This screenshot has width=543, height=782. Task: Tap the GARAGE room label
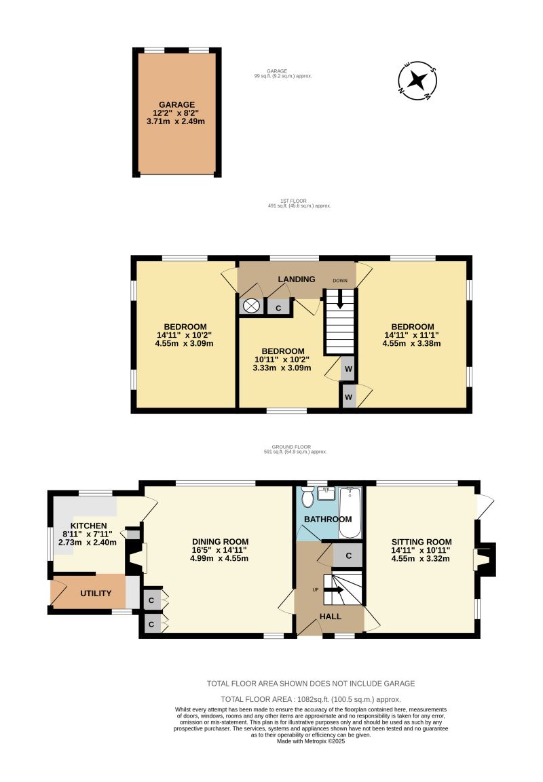coord(176,104)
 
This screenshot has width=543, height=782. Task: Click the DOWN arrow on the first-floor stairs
coord(339,299)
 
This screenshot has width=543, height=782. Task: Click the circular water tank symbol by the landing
coord(252,307)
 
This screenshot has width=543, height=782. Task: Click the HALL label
coord(331,616)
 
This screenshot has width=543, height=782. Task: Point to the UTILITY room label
coord(96,593)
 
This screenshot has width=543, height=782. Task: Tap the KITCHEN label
coord(90,526)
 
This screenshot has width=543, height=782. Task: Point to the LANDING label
coord(296,279)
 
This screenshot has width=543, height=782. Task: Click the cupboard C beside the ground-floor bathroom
coord(348,555)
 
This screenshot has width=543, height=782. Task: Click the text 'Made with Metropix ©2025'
coord(311,741)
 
